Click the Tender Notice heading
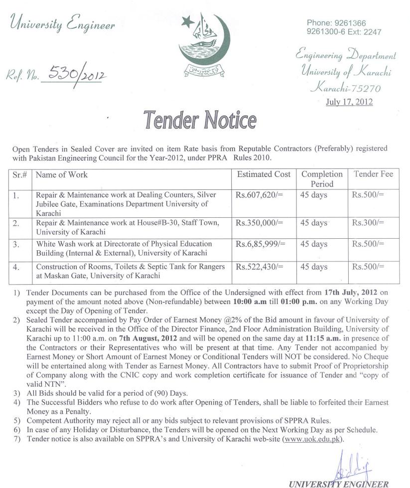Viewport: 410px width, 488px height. point(200,120)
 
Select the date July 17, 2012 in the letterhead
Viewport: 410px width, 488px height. point(348,102)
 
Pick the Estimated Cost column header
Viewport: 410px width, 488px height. point(264,174)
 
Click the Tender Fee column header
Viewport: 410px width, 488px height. point(373,174)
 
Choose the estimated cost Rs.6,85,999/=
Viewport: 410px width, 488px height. point(261,244)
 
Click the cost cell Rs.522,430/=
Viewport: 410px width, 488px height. point(259,267)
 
